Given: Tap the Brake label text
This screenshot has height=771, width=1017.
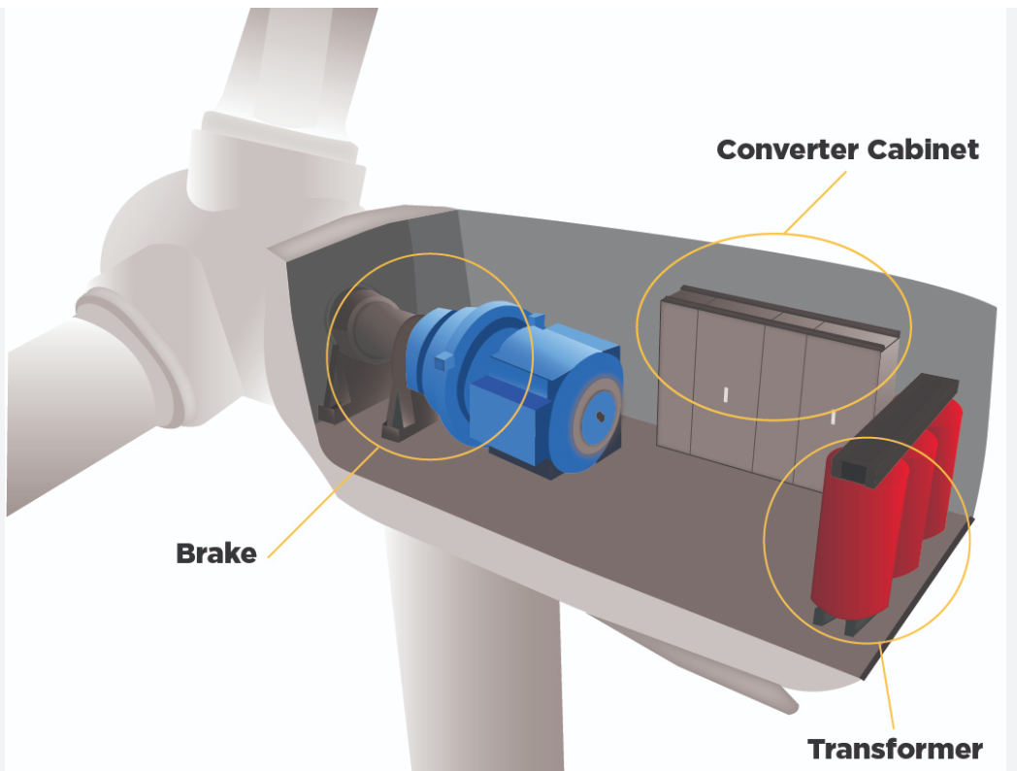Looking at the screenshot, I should [x=215, y=553].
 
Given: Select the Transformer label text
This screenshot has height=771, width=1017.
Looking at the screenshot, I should [x=895, y=750].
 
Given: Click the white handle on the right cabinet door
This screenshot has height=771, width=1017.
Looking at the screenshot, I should [x=834, y=418].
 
